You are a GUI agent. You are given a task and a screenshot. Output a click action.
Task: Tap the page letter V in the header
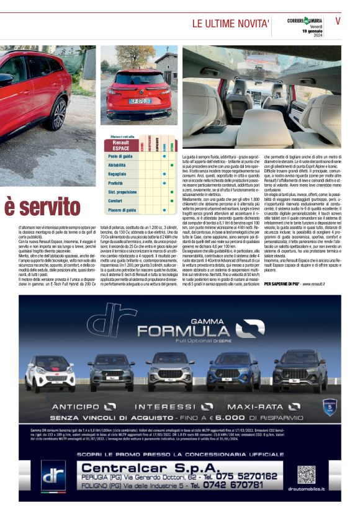click(x=338, y=21)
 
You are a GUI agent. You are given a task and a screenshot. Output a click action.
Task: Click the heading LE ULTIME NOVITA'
click(x=230, y=24)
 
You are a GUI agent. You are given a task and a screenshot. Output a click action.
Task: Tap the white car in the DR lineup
click(x=51, y=374)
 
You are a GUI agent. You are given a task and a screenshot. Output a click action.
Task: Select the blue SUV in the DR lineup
click(x=230, y=372)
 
